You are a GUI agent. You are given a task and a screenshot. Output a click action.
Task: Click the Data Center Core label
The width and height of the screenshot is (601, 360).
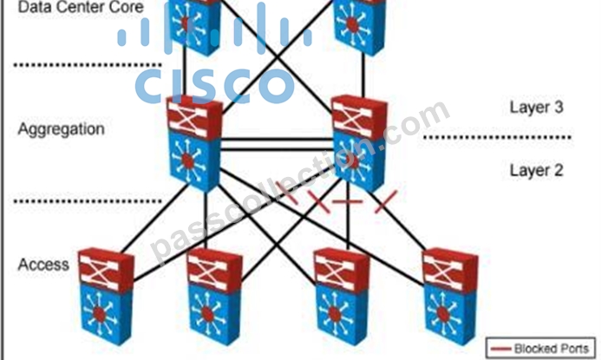81,7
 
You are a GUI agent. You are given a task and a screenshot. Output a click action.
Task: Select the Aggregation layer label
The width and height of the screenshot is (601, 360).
61,129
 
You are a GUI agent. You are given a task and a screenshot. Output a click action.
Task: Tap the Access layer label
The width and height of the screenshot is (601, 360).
43,265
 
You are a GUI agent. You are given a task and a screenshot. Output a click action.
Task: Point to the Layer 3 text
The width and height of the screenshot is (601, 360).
536,107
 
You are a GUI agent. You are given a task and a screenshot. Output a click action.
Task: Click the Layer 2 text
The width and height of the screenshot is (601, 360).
536,170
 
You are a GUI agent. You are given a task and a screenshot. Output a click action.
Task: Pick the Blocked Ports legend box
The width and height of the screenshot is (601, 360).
540,348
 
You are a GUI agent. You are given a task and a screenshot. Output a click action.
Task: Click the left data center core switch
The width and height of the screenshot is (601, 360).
194,27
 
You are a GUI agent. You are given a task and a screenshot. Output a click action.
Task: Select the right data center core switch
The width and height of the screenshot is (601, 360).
359,27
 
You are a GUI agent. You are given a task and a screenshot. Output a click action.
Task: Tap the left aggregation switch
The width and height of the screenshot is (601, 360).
194,144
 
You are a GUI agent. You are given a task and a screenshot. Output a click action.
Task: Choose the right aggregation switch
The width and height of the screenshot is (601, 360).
359,144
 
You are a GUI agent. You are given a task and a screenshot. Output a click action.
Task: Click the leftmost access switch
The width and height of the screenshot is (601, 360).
106,297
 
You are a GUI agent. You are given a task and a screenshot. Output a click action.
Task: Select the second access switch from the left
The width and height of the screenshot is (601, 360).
214,297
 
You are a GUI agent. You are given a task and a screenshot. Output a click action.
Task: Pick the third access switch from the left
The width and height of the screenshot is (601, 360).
342,297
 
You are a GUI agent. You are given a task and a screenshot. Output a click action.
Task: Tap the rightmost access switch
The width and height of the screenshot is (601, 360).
450,297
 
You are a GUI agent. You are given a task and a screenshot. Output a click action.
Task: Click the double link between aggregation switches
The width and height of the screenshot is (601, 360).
278,145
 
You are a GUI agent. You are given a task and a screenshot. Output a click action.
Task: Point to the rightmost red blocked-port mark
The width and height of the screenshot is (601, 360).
386,201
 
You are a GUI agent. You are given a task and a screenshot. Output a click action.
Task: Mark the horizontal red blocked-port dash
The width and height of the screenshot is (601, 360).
347,201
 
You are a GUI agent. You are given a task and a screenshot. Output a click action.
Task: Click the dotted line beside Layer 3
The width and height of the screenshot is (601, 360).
497,137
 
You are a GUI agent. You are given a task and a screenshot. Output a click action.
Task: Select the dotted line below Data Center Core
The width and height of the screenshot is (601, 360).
88,65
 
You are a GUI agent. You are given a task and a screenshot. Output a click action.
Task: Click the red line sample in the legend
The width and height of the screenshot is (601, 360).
501,349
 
